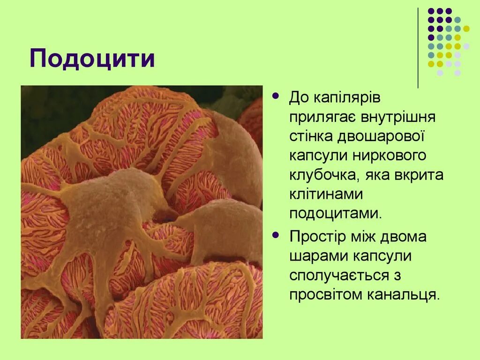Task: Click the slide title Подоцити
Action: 92,59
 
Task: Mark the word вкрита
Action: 418,175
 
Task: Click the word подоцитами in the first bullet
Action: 336,213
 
